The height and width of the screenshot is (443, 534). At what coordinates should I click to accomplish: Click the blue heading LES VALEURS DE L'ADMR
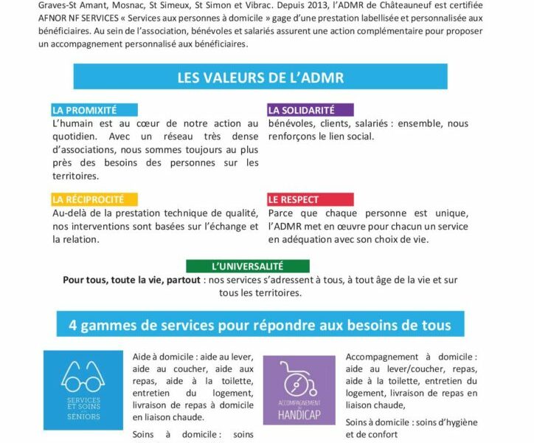coord(260,77)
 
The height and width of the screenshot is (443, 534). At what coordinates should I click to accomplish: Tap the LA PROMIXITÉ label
coord(85,110)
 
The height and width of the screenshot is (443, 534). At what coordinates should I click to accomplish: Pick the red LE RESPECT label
coord(294,199)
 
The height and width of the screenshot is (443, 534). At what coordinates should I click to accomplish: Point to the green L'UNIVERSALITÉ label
coord(248,266)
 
